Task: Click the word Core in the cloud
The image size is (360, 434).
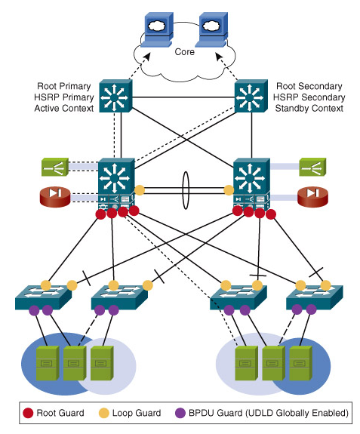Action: (185, 52)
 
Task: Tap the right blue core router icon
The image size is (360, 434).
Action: (211, 29)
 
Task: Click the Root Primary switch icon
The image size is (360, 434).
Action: (115, 96)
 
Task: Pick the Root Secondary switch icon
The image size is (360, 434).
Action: (251, 96)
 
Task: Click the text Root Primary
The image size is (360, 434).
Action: (64, 86)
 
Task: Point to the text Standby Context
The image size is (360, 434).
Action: (309, 108)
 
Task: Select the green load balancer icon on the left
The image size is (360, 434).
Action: (55, 167)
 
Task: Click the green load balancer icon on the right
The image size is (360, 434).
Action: (312, 167)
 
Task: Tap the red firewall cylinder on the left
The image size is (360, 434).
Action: (55, 196)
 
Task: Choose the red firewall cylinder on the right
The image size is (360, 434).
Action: (312, 196)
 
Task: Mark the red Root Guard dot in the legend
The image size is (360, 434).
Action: (28, 413)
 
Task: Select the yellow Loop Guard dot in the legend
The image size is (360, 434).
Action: (103, 413)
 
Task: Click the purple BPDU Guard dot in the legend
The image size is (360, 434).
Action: (180, 413)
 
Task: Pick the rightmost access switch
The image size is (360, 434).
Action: (315, 297)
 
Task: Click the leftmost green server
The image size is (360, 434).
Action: (48, 363)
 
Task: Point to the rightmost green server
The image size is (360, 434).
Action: (301, 363)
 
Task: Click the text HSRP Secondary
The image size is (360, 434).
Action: (309, 97)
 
